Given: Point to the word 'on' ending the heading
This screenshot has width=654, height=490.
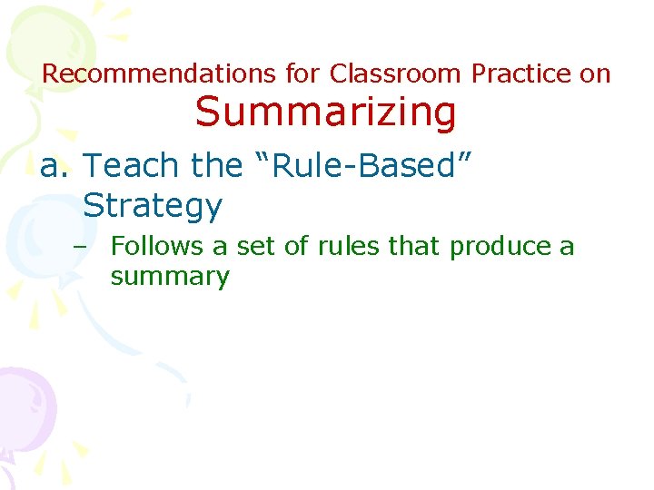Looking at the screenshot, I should [596, 73].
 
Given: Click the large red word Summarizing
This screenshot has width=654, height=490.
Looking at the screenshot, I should [325, 113].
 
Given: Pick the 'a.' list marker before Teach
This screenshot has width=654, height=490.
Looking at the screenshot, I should [55, 166].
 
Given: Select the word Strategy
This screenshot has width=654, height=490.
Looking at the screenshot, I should [152, 206].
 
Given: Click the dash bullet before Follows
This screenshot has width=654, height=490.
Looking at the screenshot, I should [92, 247].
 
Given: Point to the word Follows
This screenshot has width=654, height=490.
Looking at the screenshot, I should [157, 246].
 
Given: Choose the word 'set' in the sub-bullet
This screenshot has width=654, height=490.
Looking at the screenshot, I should [257, 246].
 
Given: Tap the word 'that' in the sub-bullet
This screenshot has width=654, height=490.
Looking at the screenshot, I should [416, 246].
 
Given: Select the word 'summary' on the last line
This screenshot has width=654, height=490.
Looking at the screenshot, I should [170, 276].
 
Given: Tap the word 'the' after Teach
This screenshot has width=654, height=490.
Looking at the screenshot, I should [215, 166].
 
